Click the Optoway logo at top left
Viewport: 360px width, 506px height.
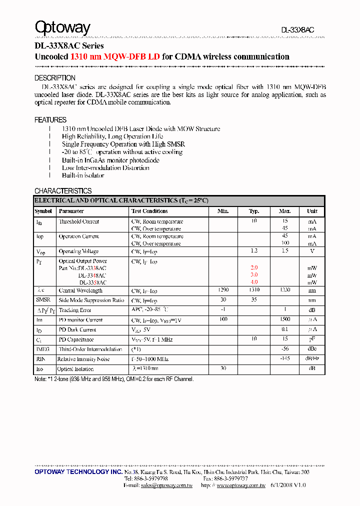[x=62, y=28]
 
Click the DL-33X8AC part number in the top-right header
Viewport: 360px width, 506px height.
[x=297, y=30]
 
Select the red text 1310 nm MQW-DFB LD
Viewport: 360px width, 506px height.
[x=115, y=57]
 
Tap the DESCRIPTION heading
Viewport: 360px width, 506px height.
[x=55, y=78]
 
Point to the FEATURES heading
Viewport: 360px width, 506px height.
[x=50, y=120]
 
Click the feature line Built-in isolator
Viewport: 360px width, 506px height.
[x=83, y=175]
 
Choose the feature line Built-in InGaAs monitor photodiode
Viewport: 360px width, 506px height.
[x=110, y=160]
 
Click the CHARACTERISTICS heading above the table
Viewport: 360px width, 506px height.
[x=63, y=191]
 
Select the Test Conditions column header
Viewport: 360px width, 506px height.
[x=149, y=211]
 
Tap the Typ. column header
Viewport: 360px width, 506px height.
[x=254, y=211]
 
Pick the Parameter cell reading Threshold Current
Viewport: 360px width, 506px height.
[x=79, y=221]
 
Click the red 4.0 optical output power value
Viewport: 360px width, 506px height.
[x=254, y=282]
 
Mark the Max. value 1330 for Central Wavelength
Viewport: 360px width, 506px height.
[x=284, y=290]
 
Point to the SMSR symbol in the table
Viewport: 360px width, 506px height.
[x=42, y=300]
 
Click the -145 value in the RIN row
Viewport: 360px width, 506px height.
[x=284, y=359]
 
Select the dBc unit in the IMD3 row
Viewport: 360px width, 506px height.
[x=312, y=349]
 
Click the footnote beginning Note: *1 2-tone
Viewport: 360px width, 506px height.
[x=114, y=379]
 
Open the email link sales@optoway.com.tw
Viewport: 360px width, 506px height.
[x=166, y=485]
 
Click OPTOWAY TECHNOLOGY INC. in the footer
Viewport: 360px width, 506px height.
[x=78, y=472]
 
